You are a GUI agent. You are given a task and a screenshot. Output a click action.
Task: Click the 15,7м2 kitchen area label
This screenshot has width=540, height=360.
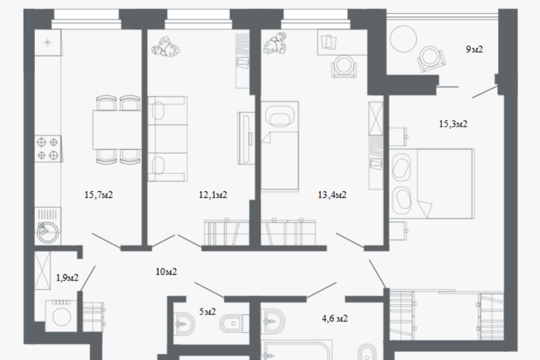pos(98,195)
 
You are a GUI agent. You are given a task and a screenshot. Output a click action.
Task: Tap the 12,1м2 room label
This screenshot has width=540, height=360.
pos(213,195)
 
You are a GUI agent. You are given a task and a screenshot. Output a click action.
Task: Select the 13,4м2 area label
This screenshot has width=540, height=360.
pos(332,195)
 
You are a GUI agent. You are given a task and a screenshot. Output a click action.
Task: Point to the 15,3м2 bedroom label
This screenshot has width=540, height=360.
pos(453,124)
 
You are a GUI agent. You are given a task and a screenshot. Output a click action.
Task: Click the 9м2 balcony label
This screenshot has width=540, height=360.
pos(474,49)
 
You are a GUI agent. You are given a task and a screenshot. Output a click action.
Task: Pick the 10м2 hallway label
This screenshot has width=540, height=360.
pos(166,272)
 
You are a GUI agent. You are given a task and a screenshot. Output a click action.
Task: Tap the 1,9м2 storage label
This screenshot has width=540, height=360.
pos(67,278)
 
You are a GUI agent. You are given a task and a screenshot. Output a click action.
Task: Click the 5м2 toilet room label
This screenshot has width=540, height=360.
pos(208,312)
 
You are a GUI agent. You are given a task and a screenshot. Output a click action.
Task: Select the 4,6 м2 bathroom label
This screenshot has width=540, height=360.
pos(335,319)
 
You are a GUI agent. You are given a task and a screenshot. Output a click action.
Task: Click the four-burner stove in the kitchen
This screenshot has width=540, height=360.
pos(48,149)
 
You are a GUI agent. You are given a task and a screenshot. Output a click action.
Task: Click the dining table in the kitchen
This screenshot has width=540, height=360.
pos(117,129)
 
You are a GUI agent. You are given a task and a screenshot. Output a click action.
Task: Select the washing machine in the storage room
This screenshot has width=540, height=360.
pos(61,316)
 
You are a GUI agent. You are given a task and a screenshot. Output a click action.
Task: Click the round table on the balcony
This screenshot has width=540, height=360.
pos(404,39)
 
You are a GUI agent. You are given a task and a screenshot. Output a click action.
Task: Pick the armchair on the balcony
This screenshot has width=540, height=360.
pos(431,58)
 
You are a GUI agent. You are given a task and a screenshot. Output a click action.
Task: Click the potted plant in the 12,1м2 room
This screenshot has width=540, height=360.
pos(165,48)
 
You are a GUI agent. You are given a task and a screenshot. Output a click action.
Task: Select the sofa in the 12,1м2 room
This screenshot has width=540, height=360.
pos(168,139)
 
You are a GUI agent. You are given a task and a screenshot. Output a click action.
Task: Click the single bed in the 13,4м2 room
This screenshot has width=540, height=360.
pos(280,145)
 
